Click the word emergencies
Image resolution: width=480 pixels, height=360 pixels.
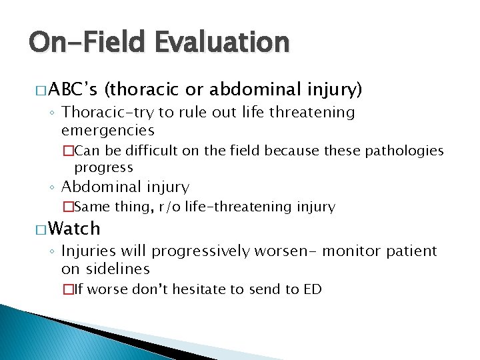click(107, 130)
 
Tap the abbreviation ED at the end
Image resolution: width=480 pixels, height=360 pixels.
click(313, 289)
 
